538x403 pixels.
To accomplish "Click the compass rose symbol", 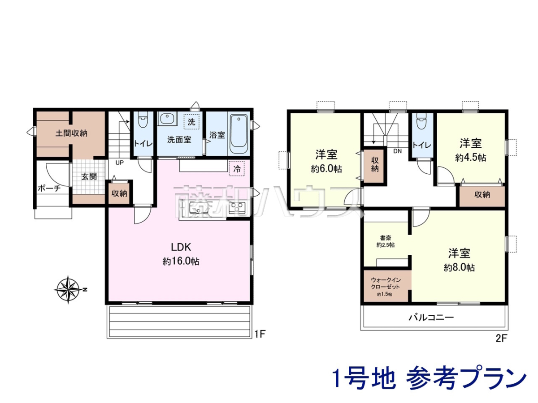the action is click(x=69, y=290).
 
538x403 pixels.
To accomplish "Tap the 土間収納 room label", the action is click(x=71, y=133).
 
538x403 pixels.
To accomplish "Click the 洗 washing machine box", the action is click(x=191, y=122).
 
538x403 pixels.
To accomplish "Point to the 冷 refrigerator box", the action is click(x=237, y=169).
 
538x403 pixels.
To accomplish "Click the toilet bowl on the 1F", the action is click(x=142, y=120).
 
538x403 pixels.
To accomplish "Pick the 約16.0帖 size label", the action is click(x=181, y=262).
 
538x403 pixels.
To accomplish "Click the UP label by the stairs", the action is click(x=119, y=163).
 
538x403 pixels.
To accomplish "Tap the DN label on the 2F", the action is click(x=398, y=151).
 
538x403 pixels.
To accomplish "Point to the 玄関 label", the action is click(x=89, y=176).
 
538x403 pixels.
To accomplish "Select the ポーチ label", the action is click(x=49, y=189).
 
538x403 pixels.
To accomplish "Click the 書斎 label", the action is click(x=385, y=238).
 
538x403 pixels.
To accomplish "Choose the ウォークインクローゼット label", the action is click(x=386, y=283).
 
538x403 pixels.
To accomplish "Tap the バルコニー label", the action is click(x=431, y=317).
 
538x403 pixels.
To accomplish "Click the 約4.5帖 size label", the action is click(x=471, y=158).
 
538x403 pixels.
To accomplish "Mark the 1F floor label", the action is click(x=260, y=334).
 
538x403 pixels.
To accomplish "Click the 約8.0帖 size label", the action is click(x=459, y=267).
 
